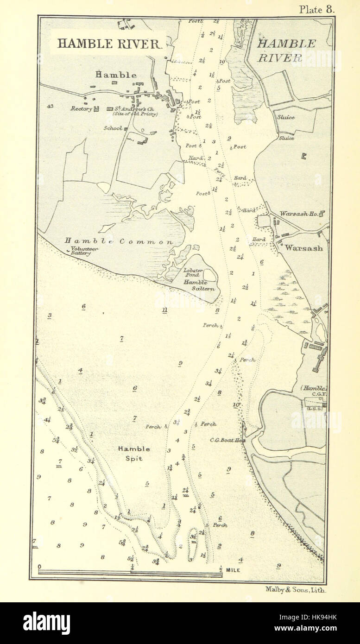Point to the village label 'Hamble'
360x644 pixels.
click(116, 75)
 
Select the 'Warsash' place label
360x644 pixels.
click(304, 248)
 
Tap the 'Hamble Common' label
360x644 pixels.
click(118, 241)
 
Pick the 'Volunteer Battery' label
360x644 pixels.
click(83, 251)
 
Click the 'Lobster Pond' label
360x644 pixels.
click(191, 272)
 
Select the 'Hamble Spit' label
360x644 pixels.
click(133, 454)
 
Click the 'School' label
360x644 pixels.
click(113, 128)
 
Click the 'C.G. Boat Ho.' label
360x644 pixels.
click(227, 440)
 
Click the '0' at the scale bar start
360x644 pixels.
click(39, 567)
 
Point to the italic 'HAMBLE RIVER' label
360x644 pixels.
click(286, 51)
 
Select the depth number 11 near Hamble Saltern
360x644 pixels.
click(164, 310)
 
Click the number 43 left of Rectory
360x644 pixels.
click(50, 107)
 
